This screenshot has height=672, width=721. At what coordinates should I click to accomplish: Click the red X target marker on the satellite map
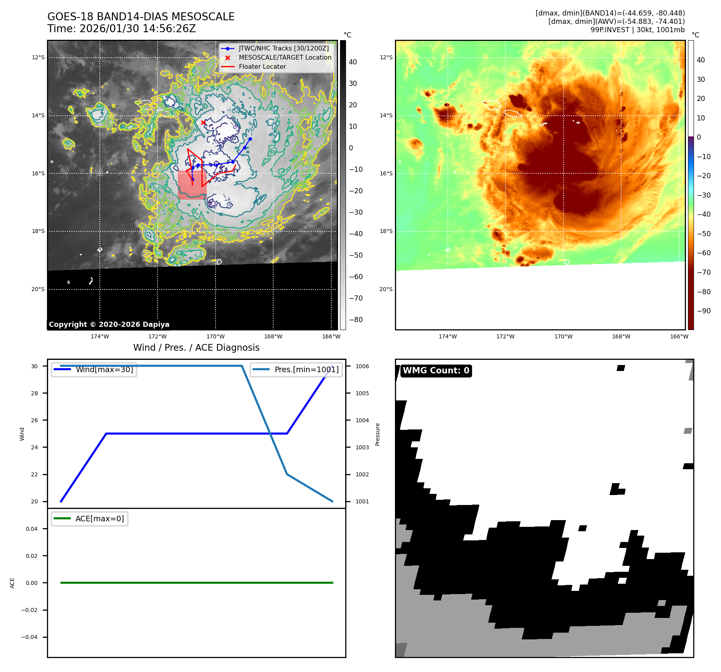tap(204, 122)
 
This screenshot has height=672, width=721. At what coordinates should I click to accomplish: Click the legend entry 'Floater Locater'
tap(262, 67)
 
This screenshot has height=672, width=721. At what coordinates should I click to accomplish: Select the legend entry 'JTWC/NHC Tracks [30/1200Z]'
tap(284, 48)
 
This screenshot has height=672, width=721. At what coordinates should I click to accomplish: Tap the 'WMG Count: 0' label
tap(436, 371)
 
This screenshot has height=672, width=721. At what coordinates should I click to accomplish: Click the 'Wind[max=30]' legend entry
tap(104, 369)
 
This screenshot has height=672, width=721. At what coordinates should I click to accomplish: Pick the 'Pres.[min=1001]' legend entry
tap(306, 369)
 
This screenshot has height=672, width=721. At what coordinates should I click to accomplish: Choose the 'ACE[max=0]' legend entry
tap(99, 519)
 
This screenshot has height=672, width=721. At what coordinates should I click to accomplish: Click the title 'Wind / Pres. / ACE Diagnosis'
tap(196, 348)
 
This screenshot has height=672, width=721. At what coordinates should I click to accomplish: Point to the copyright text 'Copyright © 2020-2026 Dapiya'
tap(109, 324)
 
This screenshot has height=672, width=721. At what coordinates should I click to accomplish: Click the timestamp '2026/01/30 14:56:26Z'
tap(138, 29)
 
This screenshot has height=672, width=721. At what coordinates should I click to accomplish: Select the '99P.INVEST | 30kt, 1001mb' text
tap(637, 30)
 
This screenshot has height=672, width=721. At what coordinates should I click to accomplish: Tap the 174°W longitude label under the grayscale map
tap(99, 336)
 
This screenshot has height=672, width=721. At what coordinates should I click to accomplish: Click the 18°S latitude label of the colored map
tap(386, 231)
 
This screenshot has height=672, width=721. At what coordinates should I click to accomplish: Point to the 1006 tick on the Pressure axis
tap(362, 366)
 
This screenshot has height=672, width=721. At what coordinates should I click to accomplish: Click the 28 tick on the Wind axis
tap(35, 393)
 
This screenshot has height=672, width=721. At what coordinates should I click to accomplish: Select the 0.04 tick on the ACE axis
tap(32, 529)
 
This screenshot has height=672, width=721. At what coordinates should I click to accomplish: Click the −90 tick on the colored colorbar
tap(704, 311)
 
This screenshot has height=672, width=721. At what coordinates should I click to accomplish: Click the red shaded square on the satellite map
tap(192, 185)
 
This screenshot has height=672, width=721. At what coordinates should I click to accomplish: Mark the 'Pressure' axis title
tap(377, 434)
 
